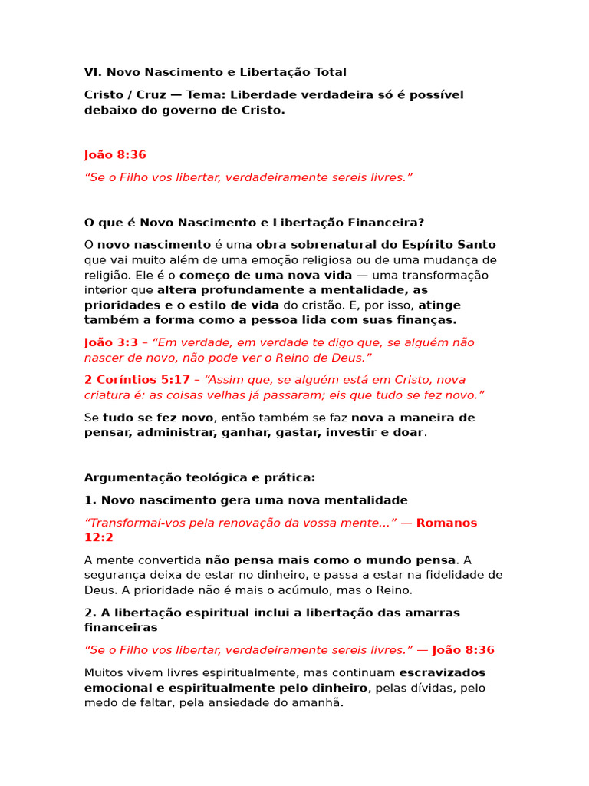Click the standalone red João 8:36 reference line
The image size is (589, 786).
[115, 155]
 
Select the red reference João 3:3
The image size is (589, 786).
[110, 342]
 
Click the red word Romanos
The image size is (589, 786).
[446, 523]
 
